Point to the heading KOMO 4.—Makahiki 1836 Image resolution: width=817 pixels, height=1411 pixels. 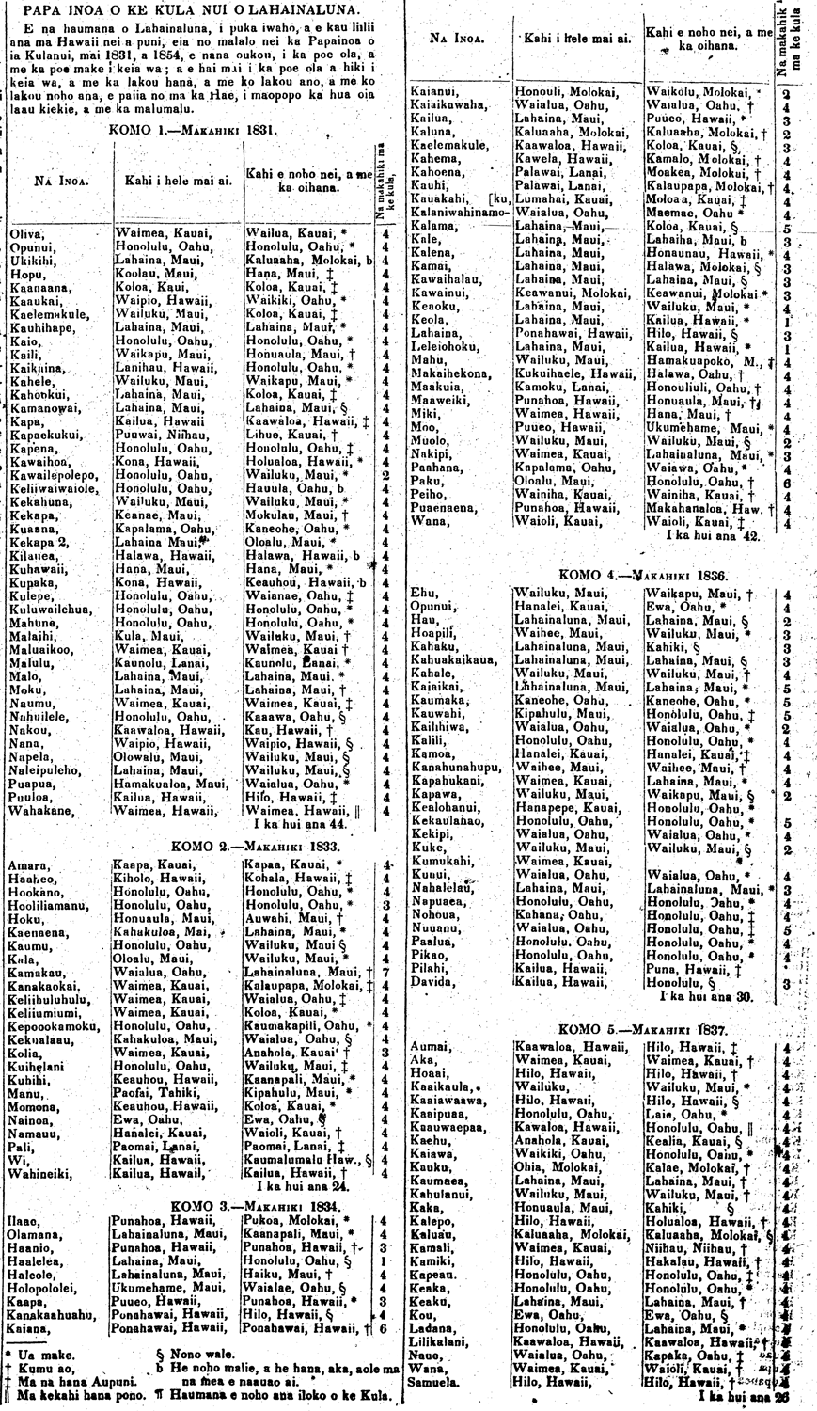point(643,574)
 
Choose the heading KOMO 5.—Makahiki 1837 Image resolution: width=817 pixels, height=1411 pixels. point(642,1029)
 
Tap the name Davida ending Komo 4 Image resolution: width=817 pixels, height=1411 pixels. point(432,982)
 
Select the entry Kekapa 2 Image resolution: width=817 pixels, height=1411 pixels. point(39,542)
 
